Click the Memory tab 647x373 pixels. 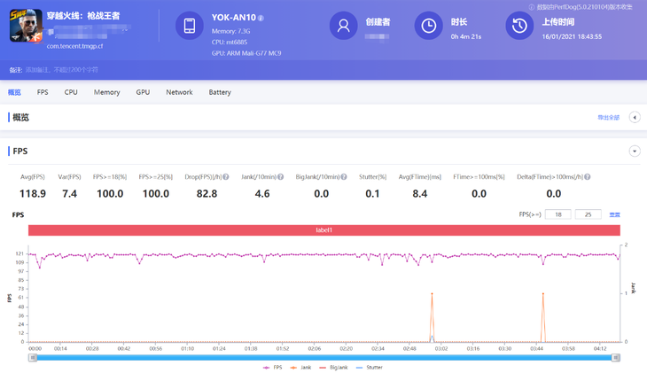coord(106,92)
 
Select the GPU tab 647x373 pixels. coord(143,92)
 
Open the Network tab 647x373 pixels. coord(179,92)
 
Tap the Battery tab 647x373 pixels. coord(220,92)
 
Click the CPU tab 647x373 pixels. coord(71,92)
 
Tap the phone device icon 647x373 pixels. coord(189,27)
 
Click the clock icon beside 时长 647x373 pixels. coord(428,27)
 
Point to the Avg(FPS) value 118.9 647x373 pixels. coord(33,194)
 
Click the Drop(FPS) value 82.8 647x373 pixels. coord(206,194)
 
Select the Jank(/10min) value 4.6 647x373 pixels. coord(262,194)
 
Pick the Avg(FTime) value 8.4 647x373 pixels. coord(420,194)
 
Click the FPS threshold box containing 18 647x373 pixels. coord(557,214)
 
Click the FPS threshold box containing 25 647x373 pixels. coord(588,214)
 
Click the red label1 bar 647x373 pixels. coord(323,230)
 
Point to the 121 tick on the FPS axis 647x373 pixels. coord(19,254)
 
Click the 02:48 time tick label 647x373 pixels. coord(409,349)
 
